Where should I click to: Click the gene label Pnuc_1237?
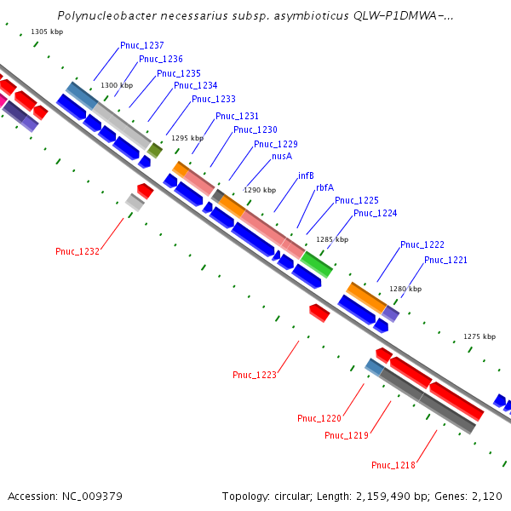click(142, 45)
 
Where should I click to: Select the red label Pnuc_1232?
click(78, 251)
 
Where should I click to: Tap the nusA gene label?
click(282, 157)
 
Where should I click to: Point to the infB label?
click(306, 175)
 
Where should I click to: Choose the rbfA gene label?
click(324, 187)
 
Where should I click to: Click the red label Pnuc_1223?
click(255, 374)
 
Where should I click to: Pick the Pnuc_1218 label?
click(393, 465)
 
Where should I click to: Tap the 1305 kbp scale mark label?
click(47, 32)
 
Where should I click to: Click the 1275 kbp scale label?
click(479, 336)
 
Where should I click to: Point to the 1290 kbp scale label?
click(261, 191)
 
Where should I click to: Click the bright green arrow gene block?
click(316, 265)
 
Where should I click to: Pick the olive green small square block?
click(154, 151)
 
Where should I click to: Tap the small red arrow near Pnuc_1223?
click(319, 313)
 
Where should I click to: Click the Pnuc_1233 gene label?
click(214, 99)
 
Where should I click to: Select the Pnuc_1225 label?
click(357, 200)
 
